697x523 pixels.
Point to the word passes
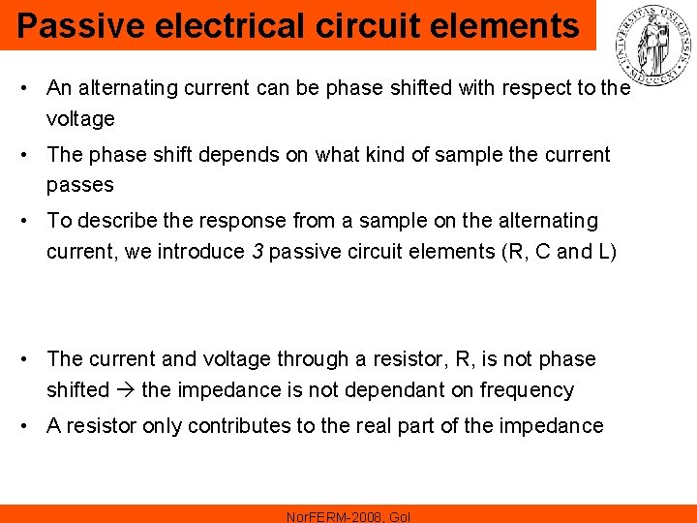[x=80, y=185]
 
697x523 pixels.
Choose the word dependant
[x=399, y=390]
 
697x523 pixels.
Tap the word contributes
[x=237, y=426]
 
